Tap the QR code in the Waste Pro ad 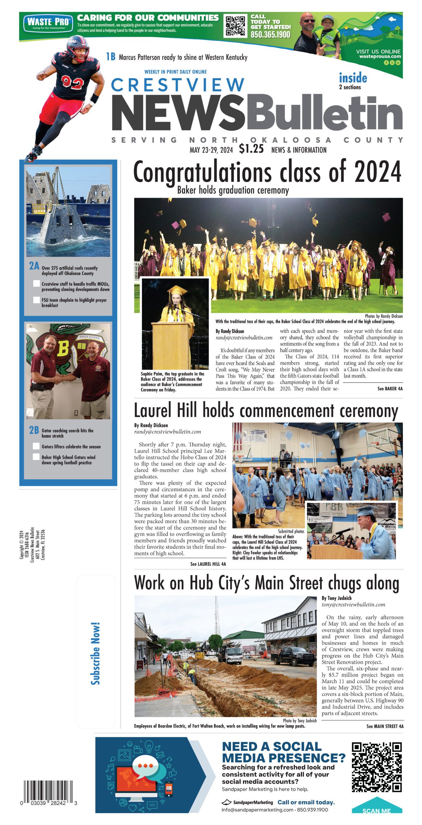click(x=235, y=25)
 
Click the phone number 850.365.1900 click(x=270, y=34)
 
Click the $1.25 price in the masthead click(x=251, y=149)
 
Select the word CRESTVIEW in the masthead click(x=177, y=85)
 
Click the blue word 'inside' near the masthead click(x=353, y=78)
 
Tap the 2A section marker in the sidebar click(x=34, y=266)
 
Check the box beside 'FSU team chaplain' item click(x=36, y=300)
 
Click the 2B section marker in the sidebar click(x=34, y=430)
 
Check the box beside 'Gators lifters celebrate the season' click(x=36, y=446)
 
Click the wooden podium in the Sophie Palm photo click(x=172, y=345)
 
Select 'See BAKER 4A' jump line click(x=390, y=389)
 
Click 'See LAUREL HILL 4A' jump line click(x=208, y=564)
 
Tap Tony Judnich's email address click(x=353, y=605)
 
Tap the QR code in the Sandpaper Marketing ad click(x=377, y=767)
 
